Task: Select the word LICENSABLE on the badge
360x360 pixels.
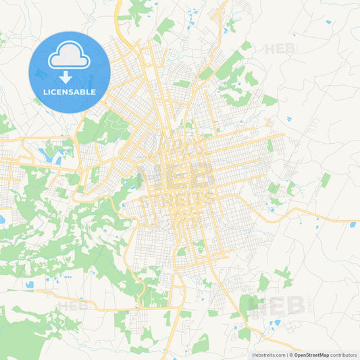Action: [70, 92]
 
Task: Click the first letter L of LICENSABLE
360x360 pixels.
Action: [45, 92]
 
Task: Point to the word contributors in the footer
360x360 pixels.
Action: [343, 355]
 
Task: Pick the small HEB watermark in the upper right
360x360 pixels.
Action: [278, 49]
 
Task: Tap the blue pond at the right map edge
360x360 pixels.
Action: [353, 224]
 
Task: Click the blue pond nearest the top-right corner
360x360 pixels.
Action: [328, 22]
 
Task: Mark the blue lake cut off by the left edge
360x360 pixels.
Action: [2, 220]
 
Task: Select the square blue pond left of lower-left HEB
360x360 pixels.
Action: [30, 285]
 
